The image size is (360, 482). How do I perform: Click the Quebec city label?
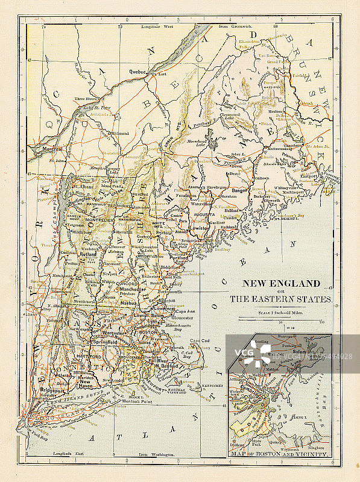pos(137,71)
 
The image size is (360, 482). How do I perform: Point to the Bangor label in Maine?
pos(241,190)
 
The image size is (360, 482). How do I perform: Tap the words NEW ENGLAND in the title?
pos(281,283)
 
